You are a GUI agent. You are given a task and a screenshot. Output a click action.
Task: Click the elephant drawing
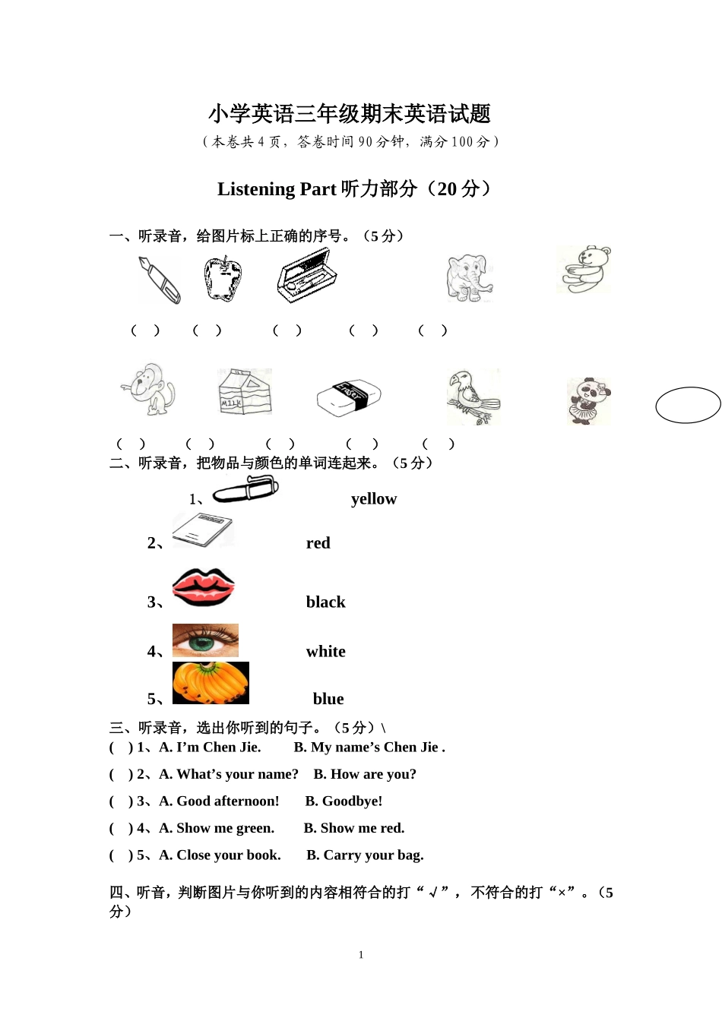click(x=469, y=279)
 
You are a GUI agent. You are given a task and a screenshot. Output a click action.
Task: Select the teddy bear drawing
click(x=584, y=270)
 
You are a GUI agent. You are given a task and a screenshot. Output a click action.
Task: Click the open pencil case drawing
click(x=306, y=275)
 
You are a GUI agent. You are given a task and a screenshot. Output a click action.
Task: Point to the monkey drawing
click(x=148, y=390)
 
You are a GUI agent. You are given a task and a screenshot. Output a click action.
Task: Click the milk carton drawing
click(x=244, y=392)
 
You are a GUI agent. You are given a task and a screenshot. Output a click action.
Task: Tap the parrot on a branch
click(x=473, y=397)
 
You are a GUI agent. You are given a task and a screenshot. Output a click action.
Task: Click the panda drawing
click(x=588, y=400)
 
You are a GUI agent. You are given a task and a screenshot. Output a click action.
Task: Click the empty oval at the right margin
click(x=688, y=405)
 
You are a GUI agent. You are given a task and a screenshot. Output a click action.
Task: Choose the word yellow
click(x=373, y=499)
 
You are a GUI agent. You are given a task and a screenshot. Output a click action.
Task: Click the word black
click(x=325, y=602)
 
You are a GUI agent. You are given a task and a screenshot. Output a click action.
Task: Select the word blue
click(x=328, y=699)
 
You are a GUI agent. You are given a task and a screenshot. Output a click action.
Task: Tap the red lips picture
click(x=204, y=587)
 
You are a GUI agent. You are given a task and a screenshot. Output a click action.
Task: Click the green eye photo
click(x=205, y=640)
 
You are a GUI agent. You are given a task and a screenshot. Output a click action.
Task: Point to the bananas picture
click(x=211, y=683)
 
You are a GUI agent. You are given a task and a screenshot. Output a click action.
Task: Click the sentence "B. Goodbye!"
click(x=344, y=801)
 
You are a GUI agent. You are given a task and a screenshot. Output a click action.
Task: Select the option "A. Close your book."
click(x=220, y=855)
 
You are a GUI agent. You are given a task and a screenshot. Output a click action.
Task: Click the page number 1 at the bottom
click(x=361, y=955)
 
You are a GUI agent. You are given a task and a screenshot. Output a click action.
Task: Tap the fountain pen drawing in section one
click(x=160, y=280)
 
